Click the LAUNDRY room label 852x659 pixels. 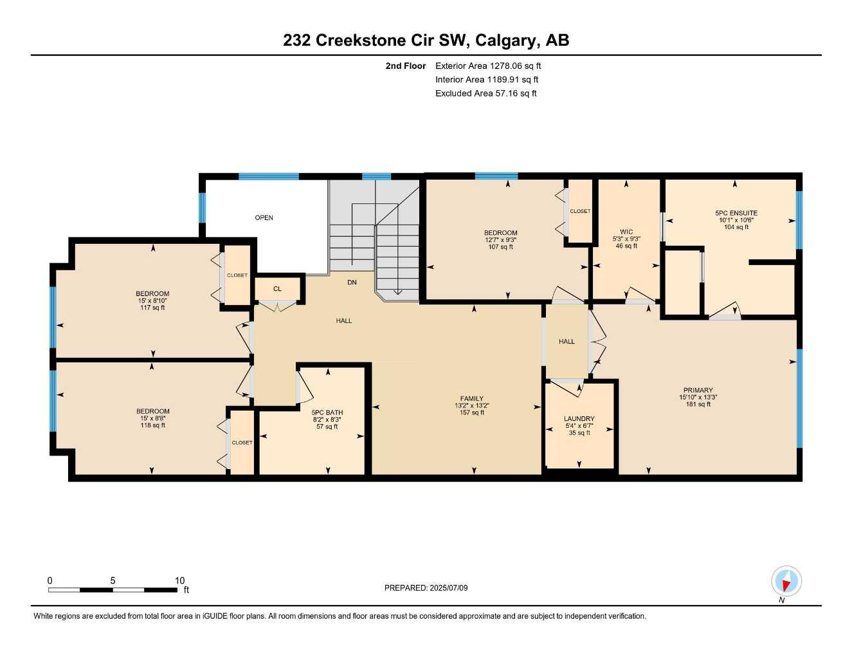579,418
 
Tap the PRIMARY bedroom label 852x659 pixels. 698,390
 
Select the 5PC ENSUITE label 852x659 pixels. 736,213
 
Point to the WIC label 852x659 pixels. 626,232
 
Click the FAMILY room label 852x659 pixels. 471,398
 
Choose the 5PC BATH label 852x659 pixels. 327,413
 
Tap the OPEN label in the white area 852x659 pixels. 264,218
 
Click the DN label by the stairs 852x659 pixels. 352,283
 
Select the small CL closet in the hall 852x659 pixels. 277,289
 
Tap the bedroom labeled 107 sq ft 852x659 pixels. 500,239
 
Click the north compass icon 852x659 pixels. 786,582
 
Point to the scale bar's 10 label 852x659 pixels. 180,580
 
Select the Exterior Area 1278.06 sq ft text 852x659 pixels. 488,66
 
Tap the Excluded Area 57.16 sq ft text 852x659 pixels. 485,93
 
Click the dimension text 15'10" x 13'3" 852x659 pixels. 698,397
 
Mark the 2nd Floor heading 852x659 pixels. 405,66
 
